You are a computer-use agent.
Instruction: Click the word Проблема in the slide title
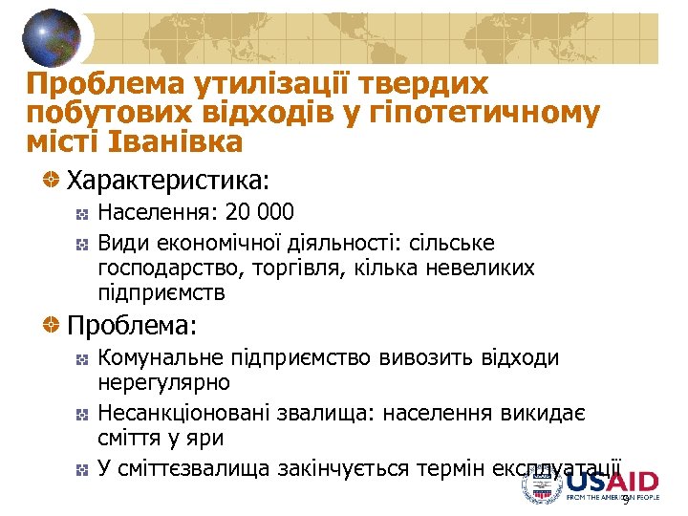click(90, 84)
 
